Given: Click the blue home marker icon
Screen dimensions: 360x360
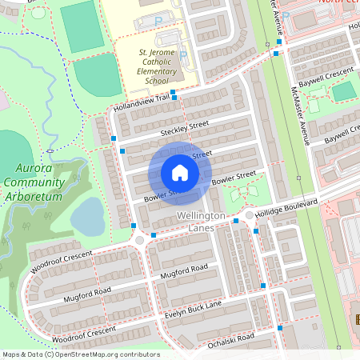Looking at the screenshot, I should click(180, 173).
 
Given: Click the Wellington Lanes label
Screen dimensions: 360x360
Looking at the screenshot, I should click(197, 223).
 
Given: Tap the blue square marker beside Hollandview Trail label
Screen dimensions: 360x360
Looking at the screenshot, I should click(174, 93).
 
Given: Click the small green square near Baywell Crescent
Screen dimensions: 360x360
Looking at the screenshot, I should click(342, 91).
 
